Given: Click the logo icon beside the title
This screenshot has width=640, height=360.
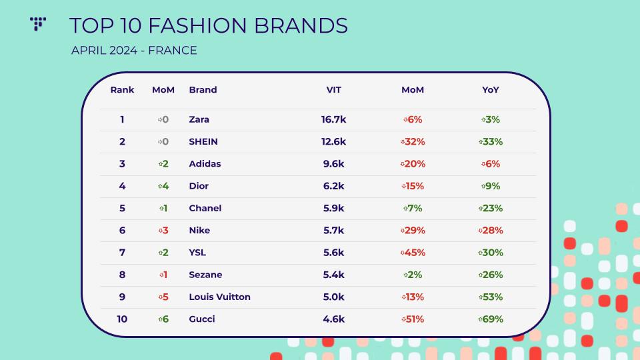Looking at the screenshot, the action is pos(38,24).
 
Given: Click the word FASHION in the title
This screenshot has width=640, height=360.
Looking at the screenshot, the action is pos(197,25).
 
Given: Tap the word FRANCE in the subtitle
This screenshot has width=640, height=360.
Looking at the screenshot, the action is pos(172,50).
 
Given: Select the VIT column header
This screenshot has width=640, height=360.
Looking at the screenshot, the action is pos(333,90).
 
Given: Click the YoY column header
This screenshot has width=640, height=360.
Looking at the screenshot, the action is pos(490,90).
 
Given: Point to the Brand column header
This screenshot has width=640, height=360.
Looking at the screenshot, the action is pos(203,90).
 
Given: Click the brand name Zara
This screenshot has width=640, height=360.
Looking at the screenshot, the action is pos(199,119).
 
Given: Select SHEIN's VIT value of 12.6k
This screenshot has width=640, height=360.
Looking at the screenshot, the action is pos(333,141).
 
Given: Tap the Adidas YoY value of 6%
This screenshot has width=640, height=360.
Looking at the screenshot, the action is pos(490,164).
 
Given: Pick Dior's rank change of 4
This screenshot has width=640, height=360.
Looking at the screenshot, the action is pos(163,186).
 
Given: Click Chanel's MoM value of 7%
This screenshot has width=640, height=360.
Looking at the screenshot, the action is pos(413,208).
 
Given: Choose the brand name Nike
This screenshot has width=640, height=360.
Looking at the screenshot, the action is pos(199,230).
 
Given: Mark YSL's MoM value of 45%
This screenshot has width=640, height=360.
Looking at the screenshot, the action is pos(413,253).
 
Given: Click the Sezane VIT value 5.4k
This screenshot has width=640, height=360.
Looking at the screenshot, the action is pos(333,275).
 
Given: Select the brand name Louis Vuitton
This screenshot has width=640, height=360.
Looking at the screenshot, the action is pos(219,297).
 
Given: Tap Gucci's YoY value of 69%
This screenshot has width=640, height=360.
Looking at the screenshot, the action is pos(490,319).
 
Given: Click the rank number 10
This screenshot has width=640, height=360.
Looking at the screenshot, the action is pos(122,319).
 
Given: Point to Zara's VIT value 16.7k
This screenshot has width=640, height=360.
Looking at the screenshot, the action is pos(333,119).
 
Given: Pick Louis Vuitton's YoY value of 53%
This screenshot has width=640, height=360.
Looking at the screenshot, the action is pos(490,297).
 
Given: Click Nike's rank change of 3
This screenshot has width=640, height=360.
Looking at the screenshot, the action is pos(163,230).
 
